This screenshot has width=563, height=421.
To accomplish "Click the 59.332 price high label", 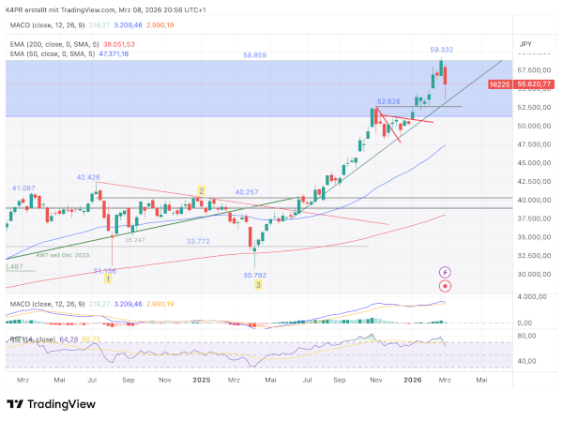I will click(442, 49).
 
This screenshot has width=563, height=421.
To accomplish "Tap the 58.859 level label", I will click(254, 55).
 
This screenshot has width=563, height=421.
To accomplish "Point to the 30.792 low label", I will click(255, 275).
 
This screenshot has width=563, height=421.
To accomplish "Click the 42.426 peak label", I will click(88, 176).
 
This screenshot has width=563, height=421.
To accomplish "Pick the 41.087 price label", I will click(23, 188).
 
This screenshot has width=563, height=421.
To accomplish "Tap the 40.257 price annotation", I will click(247, 191).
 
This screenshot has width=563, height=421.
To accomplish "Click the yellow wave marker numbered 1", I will click(108, 278).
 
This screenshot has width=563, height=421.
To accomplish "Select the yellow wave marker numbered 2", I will click(201, 191).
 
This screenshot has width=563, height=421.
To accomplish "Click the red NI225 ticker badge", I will click(500, 84).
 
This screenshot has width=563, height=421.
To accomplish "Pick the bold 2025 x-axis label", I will click(201, 380).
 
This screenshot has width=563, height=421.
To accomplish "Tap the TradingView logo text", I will click(54, 404).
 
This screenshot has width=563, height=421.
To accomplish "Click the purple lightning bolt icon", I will click(445, 272).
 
